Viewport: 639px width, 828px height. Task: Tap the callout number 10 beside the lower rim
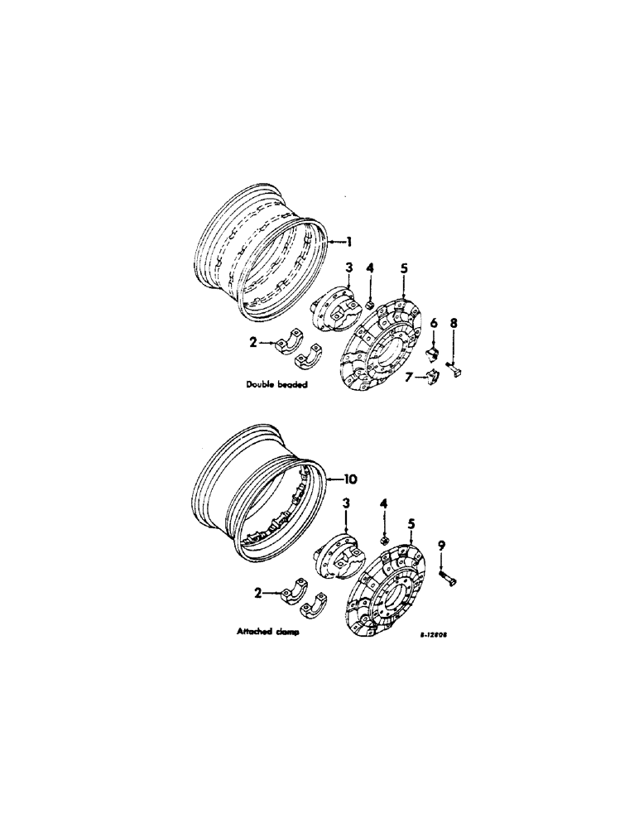click(x=351, y=479)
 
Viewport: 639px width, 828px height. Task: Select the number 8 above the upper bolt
click(x=453, y=323)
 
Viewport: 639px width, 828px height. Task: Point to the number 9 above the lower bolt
click(x=441, y=545)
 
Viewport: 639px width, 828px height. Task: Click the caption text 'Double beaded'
click(x=270, y=384)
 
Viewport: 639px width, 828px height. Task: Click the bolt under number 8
click(x=455, y=366)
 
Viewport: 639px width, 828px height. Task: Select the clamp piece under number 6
click(x=431, y=354)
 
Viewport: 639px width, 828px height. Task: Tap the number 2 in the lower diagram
click(x=259, y=593)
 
